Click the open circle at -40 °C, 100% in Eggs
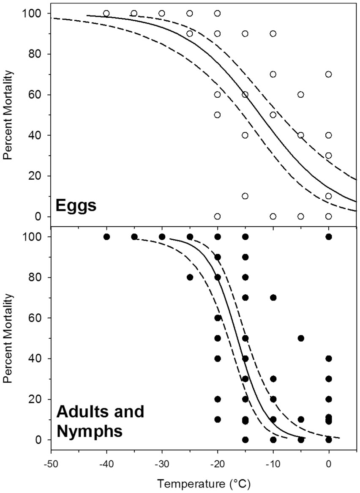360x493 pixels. pyautogui.click(x=106, y=14)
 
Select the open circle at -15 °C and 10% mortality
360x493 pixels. pyautogui.click(x=245, y=196)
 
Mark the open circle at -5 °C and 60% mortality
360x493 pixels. pyautogui.click(x=301, y=95)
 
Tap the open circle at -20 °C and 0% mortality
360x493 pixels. pyautogui.click(x=217, y=216)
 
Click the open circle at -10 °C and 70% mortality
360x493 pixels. pyautogui.click(x=273, y=74)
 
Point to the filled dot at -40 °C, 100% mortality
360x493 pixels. pyautogui.click(x=106, y=237)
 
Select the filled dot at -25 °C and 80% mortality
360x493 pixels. pyautogui.click(x=190, y=277)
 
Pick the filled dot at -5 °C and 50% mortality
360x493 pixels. pyautogui.click(x=301, y=338)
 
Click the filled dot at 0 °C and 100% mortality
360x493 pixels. pyautogui.click(x=329, y=237)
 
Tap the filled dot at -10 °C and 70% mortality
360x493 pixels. pyautogui.click(x=273, y=298)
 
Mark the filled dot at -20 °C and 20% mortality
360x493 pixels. pyautogui.click(x=218, y=399)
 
